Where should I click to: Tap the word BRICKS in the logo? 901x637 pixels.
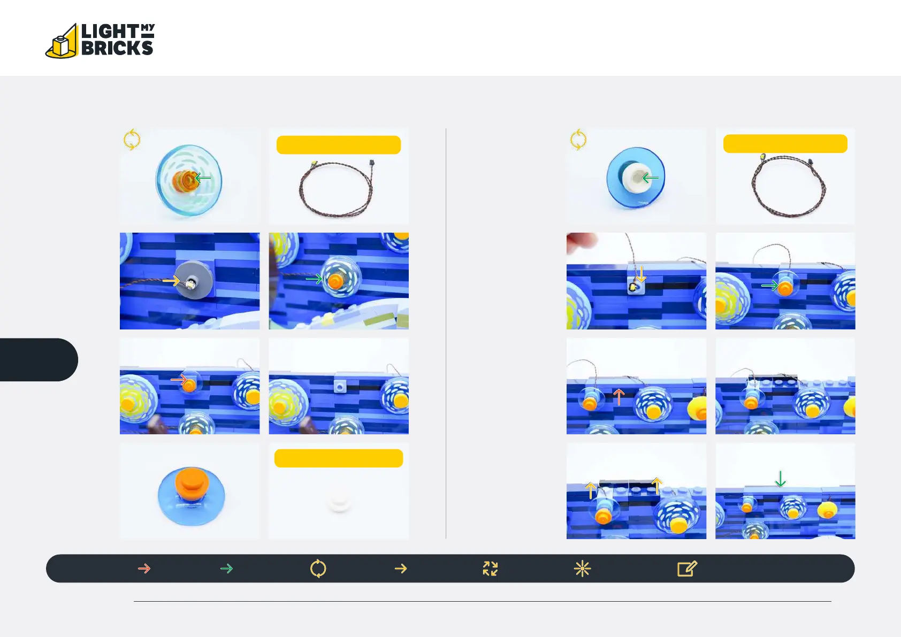[117, 48]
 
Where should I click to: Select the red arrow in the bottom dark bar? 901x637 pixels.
[144, 568]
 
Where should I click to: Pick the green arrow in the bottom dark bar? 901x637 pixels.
[226, 568]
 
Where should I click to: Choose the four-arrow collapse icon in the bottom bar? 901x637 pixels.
[490, 569]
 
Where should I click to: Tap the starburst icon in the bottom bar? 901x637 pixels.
[582, 569]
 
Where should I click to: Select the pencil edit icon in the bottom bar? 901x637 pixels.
[686, 569]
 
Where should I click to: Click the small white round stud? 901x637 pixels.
[339, 503]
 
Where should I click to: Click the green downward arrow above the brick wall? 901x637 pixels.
[780, 479]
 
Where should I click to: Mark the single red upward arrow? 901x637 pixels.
[619, 397]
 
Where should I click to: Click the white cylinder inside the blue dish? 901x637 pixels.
[636, 177]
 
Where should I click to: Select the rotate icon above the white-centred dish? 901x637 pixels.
[578, 140]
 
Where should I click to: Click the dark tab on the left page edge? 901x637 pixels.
[38, 359]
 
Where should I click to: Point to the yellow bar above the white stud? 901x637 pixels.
[339, 458]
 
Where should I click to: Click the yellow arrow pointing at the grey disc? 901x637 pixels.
[171, 280]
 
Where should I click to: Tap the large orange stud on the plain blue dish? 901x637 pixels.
[192, 482]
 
